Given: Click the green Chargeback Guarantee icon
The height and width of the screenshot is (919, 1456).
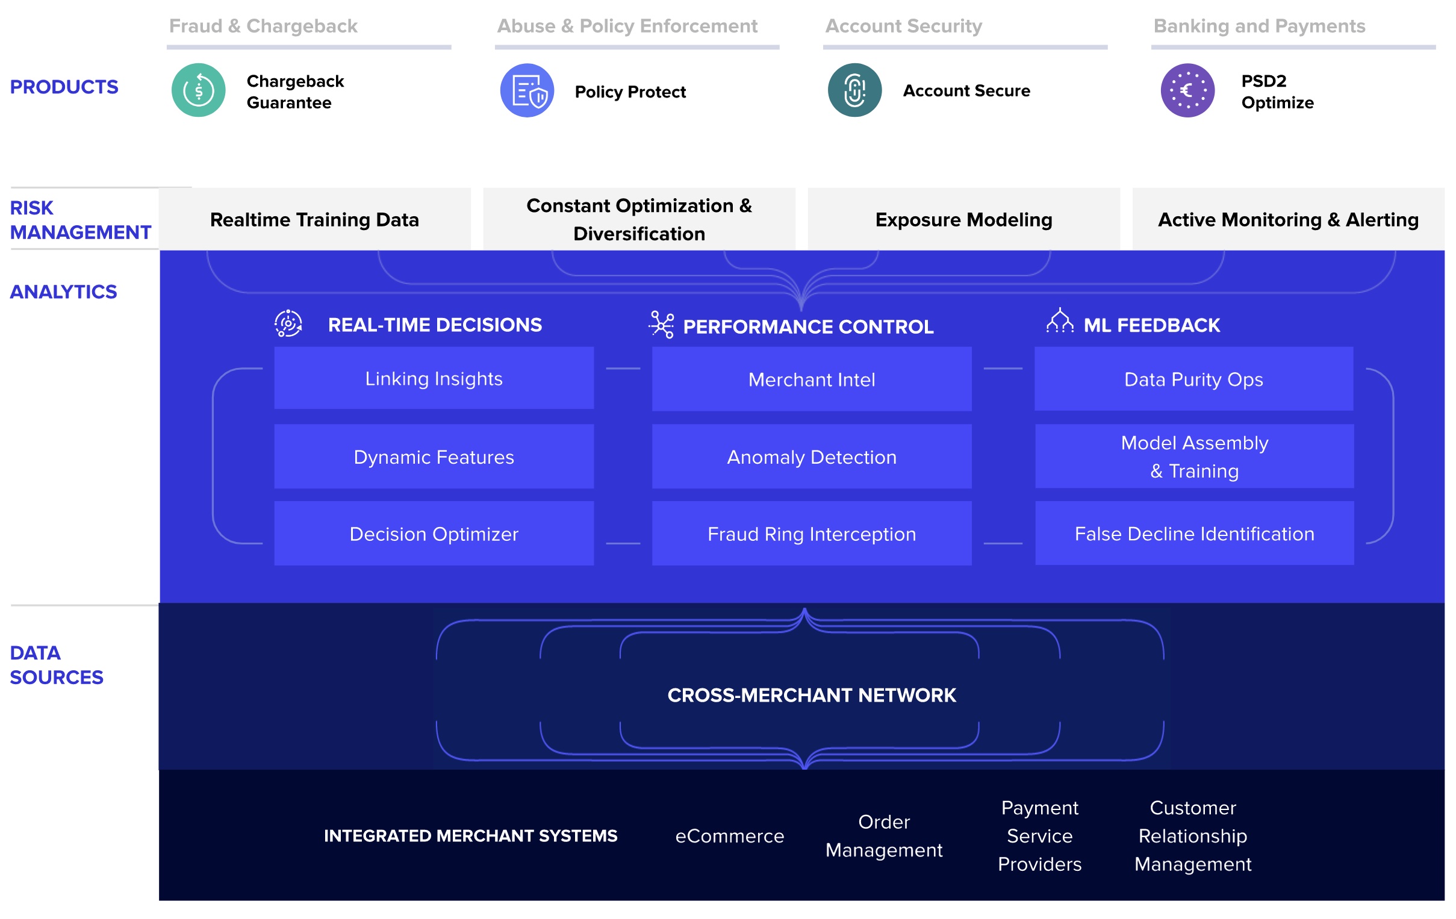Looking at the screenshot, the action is click(198, 90).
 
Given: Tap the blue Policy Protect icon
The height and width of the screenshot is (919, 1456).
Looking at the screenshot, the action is click(527, 90).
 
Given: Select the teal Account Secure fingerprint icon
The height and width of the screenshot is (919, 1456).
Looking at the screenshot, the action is click(855, 90).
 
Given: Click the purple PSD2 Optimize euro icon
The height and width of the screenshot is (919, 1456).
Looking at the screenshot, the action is click(1187, 90).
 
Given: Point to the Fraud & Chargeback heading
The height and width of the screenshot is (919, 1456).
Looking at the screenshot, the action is click(263, 26).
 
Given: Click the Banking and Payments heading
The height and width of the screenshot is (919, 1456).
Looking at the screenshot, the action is click(1260, 26).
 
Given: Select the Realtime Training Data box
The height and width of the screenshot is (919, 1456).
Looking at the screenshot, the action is click(314, 219).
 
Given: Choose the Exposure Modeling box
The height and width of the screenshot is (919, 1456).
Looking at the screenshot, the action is click(964, 219).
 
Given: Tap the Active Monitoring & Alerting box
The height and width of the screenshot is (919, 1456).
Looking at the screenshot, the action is click(1289, 219).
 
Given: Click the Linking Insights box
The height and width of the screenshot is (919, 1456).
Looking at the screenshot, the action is click(434, 378).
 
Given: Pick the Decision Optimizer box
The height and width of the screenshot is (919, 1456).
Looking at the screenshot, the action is click(434, 534).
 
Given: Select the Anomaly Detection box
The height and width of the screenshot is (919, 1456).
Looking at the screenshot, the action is click(812, 456).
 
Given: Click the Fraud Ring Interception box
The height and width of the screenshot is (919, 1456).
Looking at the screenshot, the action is click(812, 534).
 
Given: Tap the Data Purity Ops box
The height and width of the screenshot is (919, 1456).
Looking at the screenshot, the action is click(1193, 379).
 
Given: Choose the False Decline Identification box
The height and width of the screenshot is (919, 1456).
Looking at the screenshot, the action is click(1194, 533).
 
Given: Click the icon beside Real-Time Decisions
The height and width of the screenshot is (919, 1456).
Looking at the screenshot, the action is click(288, 323).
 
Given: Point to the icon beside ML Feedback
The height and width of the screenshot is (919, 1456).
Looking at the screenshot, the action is click(1060, 320).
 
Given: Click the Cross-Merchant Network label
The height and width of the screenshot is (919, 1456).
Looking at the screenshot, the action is click(812, 696).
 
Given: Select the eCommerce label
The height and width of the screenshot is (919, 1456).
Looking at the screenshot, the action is click(729, 836).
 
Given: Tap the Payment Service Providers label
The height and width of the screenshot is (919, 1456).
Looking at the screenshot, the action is click(1039, 836).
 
